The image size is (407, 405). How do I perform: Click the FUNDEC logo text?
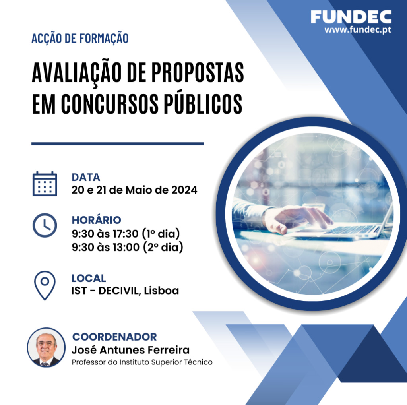pos(351,17)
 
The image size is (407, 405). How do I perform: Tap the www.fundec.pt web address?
pos(358,29)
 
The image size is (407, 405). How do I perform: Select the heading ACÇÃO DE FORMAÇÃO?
pos(80,39)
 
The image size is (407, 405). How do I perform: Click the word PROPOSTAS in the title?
pos(198,72)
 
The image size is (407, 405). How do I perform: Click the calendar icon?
pos(45,184)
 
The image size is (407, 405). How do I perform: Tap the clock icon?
pos(45,225)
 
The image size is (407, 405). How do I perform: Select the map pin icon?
pos(45,285)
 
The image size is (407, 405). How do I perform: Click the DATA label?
pos(86,177)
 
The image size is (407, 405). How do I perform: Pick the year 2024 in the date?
pos(184,190)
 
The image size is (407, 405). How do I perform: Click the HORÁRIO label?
pos(96,220)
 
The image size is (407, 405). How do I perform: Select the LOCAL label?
pos(89,278)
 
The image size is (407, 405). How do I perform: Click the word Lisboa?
pos(161,291)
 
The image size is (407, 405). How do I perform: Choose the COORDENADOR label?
pos(114,337)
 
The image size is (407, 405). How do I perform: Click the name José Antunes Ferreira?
pos(130,350)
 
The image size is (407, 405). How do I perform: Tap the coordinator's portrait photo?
pos(46,348)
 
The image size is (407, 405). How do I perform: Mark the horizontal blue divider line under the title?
pos(117,143)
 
